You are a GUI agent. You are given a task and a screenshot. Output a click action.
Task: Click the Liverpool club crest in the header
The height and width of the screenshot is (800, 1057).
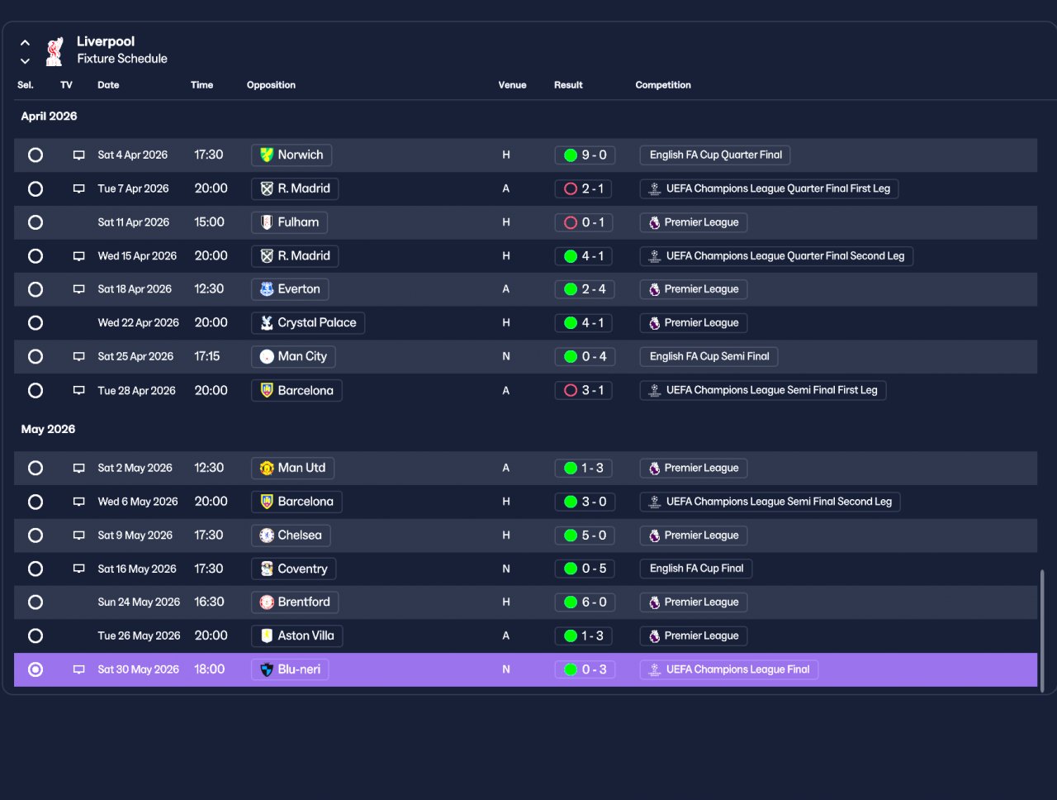[54, 51]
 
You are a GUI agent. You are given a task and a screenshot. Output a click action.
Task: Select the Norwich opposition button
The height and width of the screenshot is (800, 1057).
[292, 155]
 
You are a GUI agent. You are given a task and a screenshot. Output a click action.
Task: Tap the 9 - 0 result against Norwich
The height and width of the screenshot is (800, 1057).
[585, 155]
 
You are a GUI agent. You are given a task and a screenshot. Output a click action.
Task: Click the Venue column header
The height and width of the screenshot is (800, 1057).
[512, 85]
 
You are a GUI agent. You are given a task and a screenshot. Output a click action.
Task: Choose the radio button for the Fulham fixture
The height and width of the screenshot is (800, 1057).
[36, 222]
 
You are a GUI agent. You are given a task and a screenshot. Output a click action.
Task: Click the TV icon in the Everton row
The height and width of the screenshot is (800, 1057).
[78, 289]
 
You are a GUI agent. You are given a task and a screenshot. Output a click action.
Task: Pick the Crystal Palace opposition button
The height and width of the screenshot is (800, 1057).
[308, 323]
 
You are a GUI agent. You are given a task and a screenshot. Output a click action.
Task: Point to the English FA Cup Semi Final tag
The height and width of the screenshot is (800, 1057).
[709, 357]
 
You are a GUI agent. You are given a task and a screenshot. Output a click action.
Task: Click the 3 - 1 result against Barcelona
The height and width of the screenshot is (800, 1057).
[583, 390]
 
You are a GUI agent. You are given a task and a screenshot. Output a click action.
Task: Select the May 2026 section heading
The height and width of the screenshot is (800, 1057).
[48, 429]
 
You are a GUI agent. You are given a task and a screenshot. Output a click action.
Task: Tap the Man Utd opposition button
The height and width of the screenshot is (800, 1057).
[293, 468]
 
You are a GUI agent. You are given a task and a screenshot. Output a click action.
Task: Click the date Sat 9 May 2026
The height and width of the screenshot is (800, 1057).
[135, 535]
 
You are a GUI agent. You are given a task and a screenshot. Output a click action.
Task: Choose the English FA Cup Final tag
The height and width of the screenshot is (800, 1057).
[696, 569]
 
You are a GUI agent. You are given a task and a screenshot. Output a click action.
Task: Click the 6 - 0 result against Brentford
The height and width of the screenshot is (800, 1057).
[585, 602]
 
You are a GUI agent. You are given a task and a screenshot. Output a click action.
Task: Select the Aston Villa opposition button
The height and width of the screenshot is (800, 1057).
[296, 636]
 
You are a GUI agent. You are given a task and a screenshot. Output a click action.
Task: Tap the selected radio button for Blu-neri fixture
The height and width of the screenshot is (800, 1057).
[36, 669]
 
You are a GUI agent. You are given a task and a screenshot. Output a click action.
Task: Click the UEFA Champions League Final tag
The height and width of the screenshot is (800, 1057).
[729, 669]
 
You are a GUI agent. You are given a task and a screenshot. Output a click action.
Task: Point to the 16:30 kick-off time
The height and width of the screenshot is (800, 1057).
[209, 602]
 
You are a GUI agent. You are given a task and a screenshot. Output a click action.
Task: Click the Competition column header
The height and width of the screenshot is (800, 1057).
[662, 85]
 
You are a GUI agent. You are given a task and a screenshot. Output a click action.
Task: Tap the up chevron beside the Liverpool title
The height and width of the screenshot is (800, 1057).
[25, 43]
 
